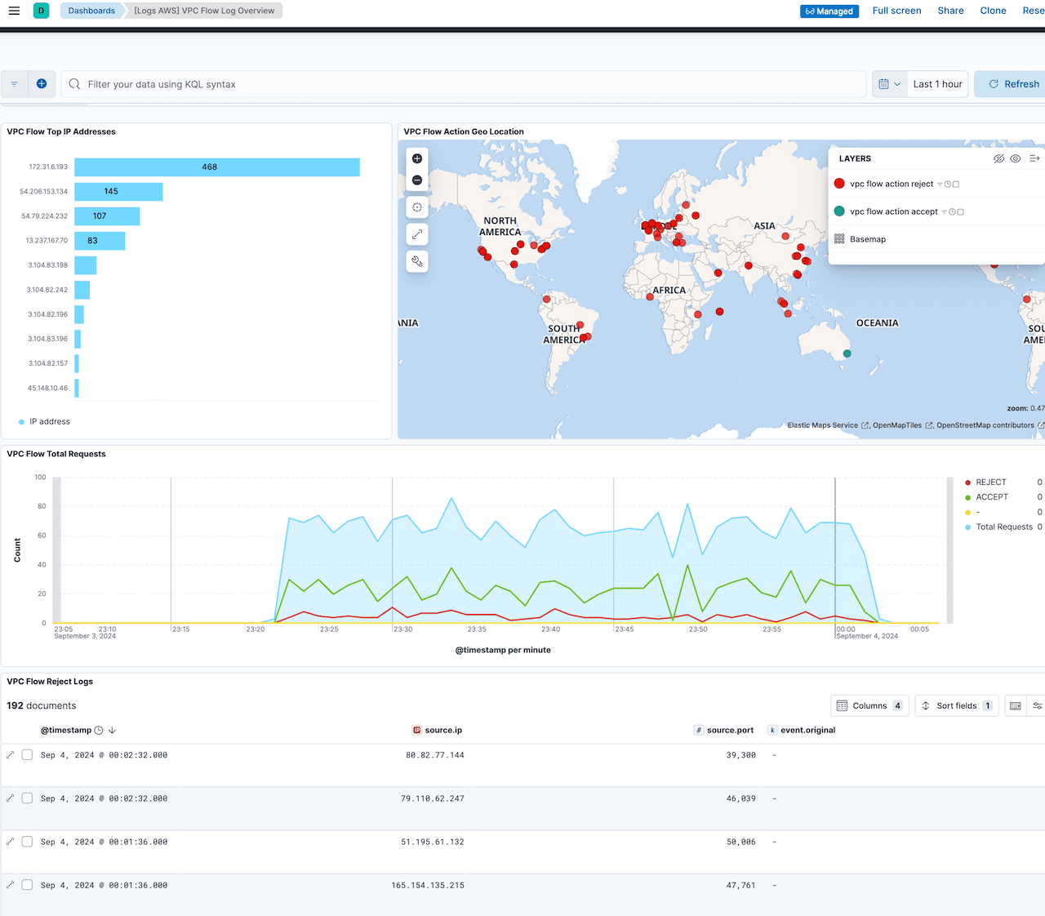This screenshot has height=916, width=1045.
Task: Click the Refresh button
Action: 1013,84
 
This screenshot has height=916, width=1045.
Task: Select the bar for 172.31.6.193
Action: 217,167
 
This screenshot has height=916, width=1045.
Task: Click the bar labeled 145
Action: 118,192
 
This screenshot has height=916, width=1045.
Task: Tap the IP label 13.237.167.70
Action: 47,241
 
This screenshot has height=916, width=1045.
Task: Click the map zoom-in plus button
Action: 417,158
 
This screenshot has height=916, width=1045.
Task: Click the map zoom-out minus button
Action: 417,180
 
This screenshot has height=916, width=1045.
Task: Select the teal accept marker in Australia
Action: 847,354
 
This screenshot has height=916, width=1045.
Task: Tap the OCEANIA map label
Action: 877,323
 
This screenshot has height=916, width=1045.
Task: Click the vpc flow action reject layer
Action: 891,185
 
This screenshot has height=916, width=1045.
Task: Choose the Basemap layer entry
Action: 867,239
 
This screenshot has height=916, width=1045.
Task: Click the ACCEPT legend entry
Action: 991,497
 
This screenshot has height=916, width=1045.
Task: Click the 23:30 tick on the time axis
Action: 403,629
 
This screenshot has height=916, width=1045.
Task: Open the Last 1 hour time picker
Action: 937,84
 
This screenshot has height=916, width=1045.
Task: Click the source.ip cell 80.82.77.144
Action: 434,755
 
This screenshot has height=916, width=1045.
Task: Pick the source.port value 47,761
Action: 740,885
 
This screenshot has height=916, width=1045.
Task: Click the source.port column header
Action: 729,731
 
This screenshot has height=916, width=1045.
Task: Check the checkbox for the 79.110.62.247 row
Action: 27,798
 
